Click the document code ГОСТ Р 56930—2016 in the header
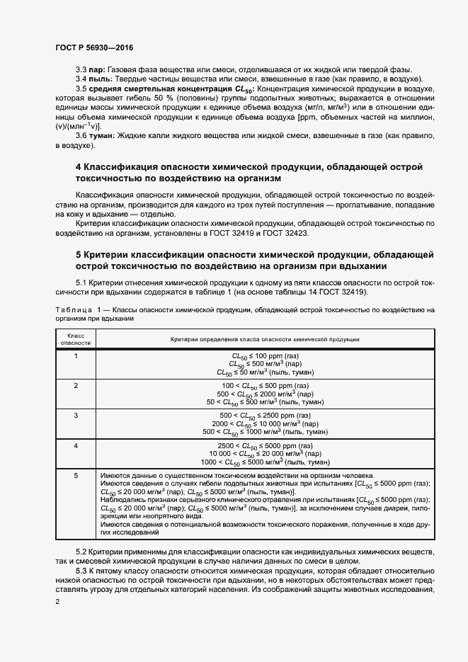93,47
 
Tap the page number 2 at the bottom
57,603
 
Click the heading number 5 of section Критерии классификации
79,254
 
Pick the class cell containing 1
76,355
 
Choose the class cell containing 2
76,385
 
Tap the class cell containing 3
76,415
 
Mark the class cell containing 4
76,445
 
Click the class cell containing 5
76,475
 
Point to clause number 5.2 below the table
81,551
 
